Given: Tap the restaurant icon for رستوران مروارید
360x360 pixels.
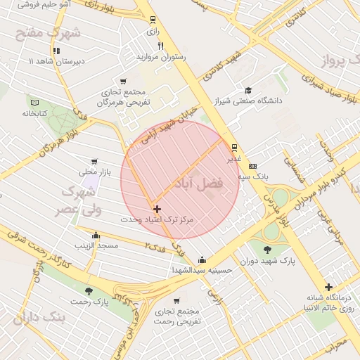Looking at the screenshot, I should tap(160, 46).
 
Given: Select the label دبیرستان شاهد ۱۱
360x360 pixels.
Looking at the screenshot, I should tap(56, 61).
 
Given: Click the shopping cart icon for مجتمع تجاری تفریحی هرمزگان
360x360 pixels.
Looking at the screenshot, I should tap(124, 82).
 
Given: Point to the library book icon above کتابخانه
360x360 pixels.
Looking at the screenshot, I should tap(34, 102).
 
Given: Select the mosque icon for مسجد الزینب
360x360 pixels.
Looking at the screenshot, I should tap(96, 235).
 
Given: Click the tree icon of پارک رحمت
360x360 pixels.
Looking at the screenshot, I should tap(89, 291).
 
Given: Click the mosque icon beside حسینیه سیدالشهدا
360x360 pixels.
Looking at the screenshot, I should tap(202, 259).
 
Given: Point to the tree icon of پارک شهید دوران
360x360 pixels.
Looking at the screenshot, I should tap(266, 250).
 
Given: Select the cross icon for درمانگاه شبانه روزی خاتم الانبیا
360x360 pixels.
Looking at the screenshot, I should tap(328, 287).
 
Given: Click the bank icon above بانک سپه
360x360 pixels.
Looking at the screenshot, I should tap(253, 166).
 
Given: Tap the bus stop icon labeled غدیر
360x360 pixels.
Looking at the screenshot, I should tap(234, 148).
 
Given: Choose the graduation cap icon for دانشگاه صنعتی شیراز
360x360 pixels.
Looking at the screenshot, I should tap(248, 90).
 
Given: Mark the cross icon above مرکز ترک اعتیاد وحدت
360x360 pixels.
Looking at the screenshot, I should tap(157, 209).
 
